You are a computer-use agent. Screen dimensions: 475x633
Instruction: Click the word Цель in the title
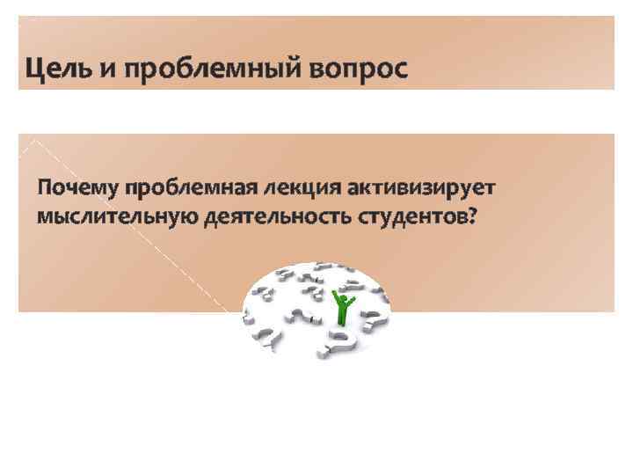(x=59, y=68)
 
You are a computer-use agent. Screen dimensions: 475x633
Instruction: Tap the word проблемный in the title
(x=206, y=69)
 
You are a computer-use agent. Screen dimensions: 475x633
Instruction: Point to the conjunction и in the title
(x=109, y=69)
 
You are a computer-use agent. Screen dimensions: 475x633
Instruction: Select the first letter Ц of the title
(x=34, y=68)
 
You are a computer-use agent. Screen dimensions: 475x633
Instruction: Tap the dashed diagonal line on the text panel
(x=132, y=220)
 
